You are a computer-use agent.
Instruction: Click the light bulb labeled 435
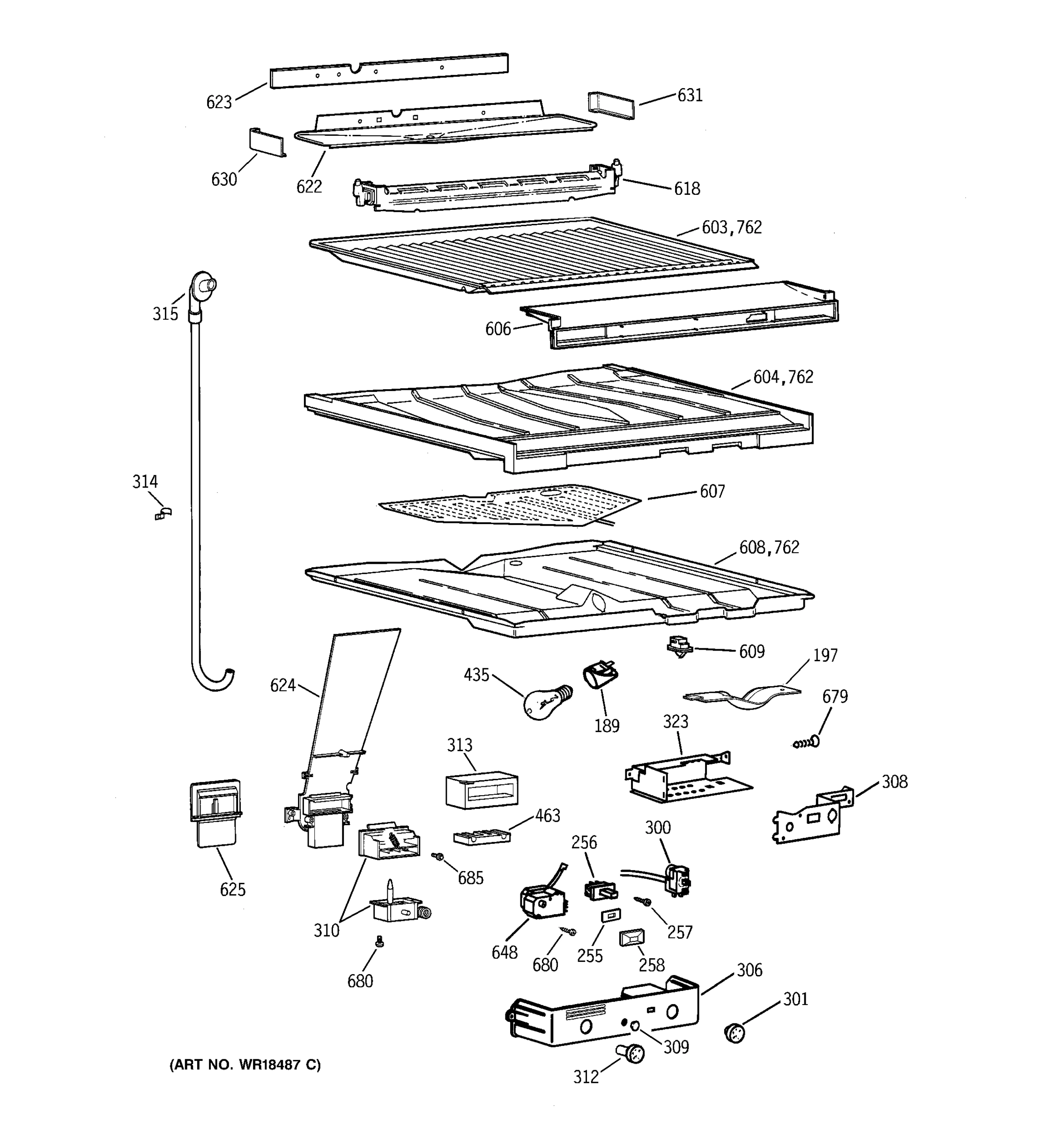(544, 703)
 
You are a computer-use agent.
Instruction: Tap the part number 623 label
(219, 103)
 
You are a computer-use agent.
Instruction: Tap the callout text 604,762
(783, 377)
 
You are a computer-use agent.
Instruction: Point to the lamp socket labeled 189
(600, 676)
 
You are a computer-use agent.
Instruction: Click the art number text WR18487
(271, 1065)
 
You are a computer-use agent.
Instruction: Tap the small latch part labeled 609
(679, 647)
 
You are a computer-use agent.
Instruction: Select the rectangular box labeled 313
(481, 790)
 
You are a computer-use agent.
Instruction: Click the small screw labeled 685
(437, 857)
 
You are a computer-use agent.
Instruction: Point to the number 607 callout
(712, 492)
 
